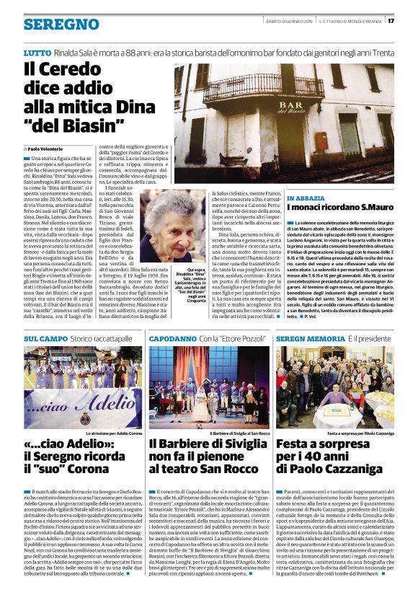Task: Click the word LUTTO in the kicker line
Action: pos(37,53)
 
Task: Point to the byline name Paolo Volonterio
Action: pos(50,148)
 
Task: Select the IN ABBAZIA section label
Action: pos(306,198)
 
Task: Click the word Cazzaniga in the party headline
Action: pos(350,469)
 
